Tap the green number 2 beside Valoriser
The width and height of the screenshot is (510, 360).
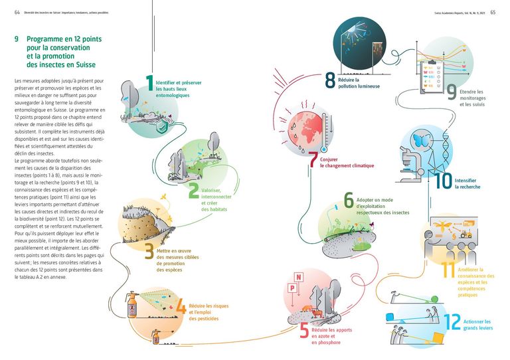(192, 191)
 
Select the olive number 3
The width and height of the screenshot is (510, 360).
(149, 252)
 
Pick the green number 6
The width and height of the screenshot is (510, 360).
(348, 201)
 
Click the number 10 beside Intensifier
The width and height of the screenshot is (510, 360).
(442, 181)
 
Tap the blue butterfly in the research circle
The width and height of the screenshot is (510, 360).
(420, 141)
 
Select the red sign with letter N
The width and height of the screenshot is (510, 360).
(299, 277)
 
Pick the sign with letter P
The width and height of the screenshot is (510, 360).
(290, 288)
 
